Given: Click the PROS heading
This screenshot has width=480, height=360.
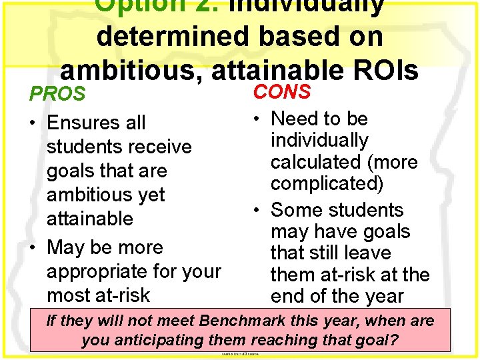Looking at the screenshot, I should coord(57,94).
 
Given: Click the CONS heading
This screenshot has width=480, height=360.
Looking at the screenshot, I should coord(282,92).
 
